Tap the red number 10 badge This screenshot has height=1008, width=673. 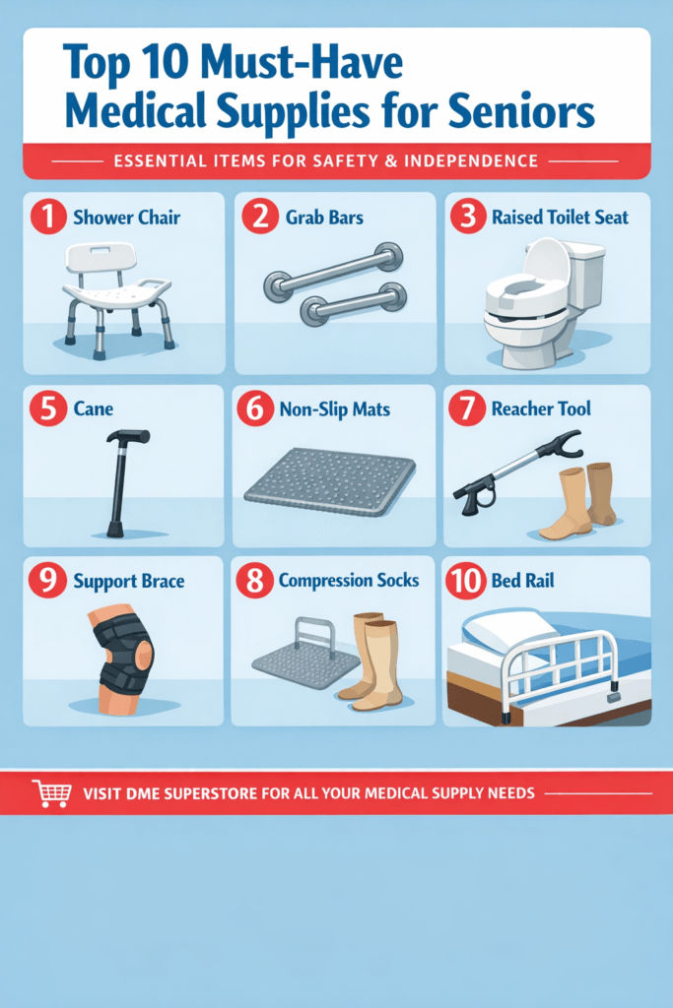pyautogui.click(x=465, y=580)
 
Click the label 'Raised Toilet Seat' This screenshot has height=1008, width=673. pyautogui.click(x=560, y=217)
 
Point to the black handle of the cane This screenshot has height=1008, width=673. pyautogui.click(x=129, y=437)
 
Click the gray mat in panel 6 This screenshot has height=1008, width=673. pyautogui.click(x=329, y=481)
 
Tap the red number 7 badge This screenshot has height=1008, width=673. pyautogui.click(x=465, y=409)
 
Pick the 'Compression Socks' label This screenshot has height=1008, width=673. pyautogui.click(x=349, y=581)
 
